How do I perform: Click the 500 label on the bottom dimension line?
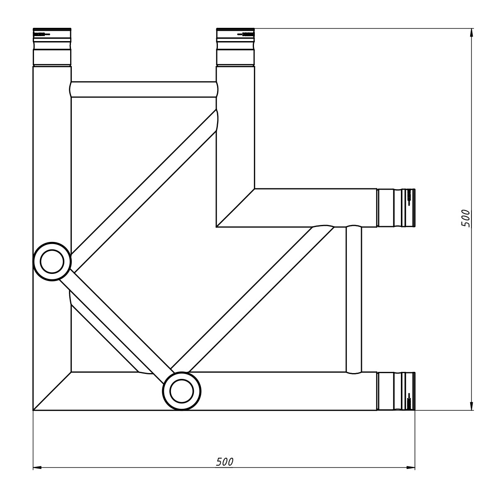[225, 462]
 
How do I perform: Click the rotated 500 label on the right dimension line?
[466, 218]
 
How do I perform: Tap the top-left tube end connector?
[52, 47]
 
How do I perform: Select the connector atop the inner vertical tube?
[235, 47]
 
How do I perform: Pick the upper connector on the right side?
[396, 208]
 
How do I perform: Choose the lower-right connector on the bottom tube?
[396, 391]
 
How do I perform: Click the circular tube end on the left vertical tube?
[52, 261]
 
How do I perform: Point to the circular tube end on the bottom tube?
[182, 391]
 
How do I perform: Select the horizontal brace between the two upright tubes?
[144, 89]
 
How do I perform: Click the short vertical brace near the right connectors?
[354, 299]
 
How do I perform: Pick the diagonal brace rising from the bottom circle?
[253, 299]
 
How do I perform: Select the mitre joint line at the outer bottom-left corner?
[52, 391]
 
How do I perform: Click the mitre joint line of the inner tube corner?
[235, 208]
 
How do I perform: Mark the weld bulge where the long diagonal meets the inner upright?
[216, 120]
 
